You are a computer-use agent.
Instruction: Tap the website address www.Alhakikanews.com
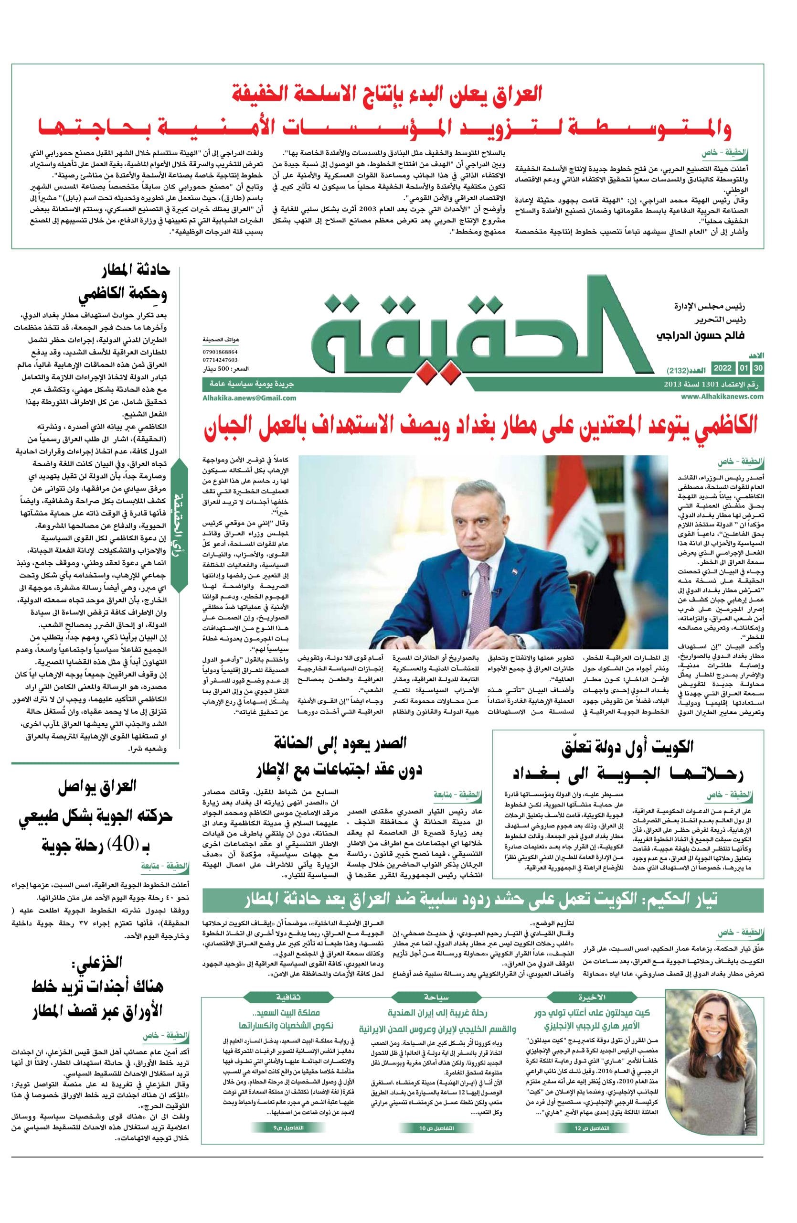(x=722, y=396)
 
